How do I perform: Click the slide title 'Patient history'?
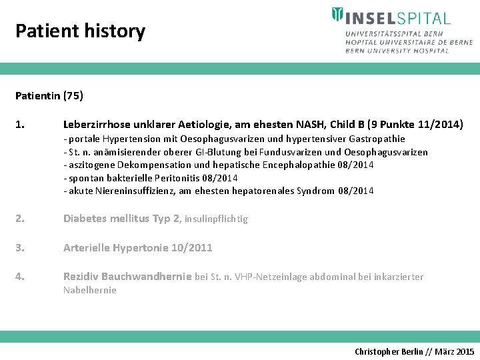[x=80, y=31]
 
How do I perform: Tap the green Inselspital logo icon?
[x=338, y=15]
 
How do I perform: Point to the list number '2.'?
[x=20, y=219]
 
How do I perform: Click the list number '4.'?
[x=20, y=276]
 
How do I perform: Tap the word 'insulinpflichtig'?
[x=216, y=219]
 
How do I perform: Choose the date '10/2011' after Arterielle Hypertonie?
[x=191, y=247]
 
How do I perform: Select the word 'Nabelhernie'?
[x=90, y=290]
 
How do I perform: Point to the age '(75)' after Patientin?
[x=73, y=95]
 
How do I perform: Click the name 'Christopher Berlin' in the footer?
[x=388, y=351]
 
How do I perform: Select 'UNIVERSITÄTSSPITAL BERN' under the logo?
[x=391, y=33]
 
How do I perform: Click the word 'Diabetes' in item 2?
[x=86, y=219]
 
